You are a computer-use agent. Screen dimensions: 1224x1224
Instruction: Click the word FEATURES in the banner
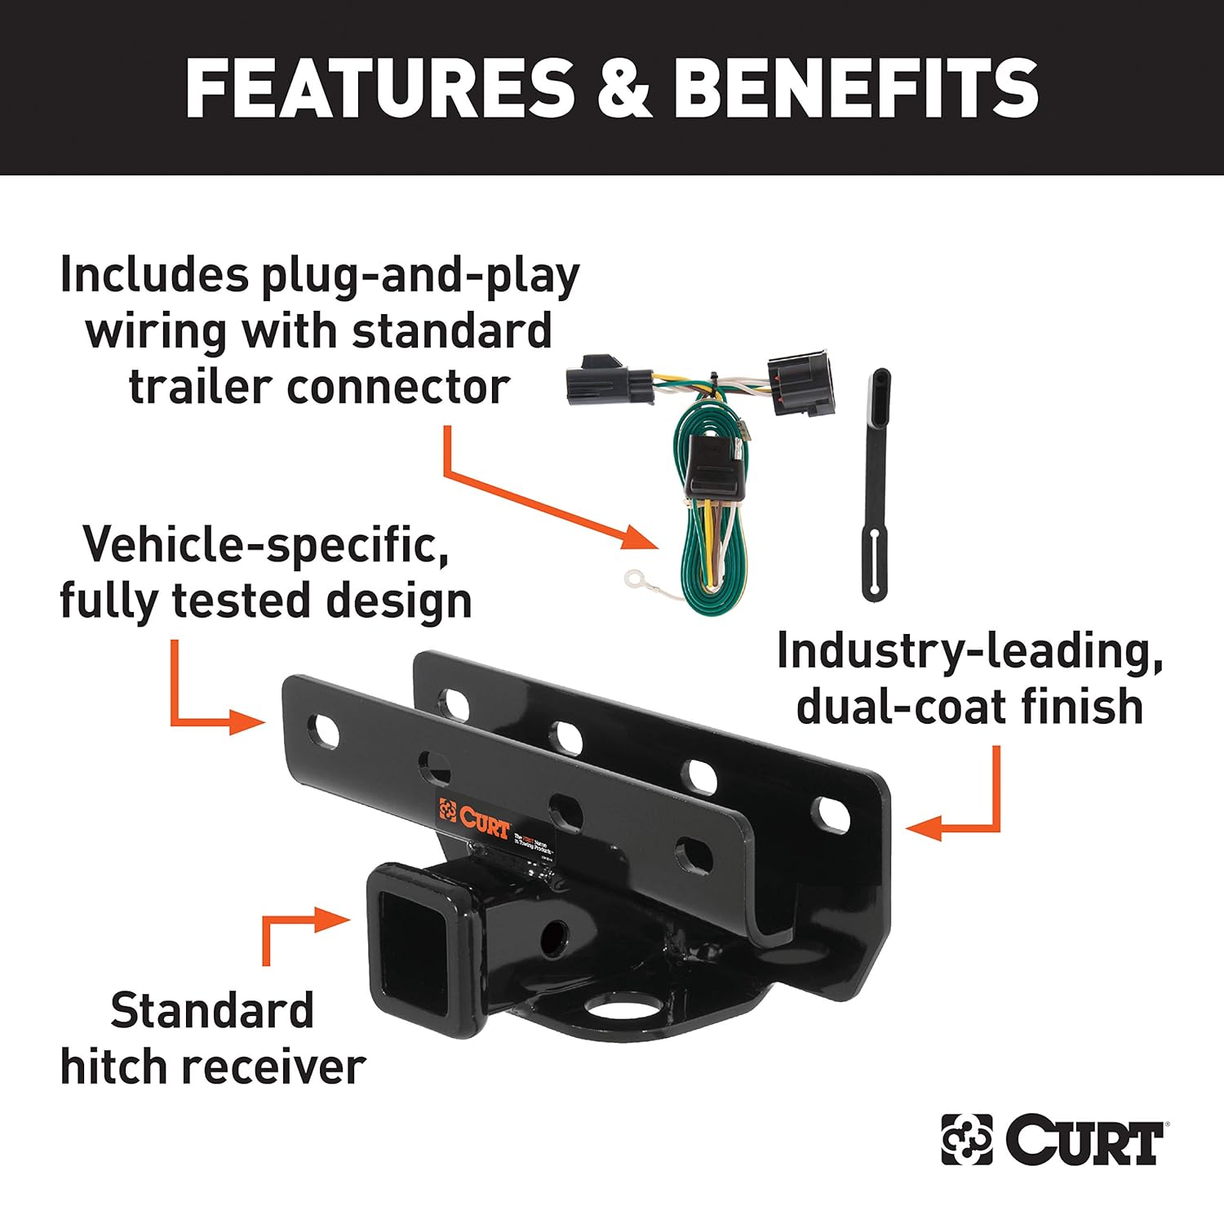379,88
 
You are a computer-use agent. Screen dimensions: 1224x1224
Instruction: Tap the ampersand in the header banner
623,88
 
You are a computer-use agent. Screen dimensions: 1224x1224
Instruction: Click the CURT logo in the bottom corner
1053,1139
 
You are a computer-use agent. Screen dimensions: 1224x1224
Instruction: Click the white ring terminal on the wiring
634,579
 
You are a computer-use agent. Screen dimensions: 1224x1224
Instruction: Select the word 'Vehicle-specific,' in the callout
265,544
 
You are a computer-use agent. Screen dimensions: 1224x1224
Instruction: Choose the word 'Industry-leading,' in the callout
969,651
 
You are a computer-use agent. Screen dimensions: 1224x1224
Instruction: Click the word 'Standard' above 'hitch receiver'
212,1011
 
